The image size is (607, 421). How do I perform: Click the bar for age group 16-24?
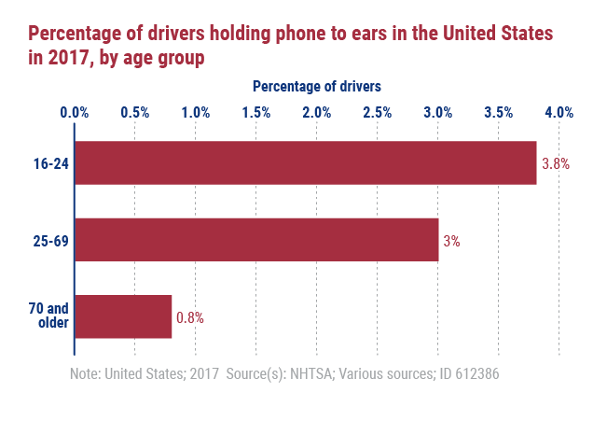[x=305, y=163]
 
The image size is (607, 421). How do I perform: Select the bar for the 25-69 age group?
[x=256, y=240]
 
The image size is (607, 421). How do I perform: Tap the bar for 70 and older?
[x=123, y=316]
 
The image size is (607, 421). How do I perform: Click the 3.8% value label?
[x=556, y=163]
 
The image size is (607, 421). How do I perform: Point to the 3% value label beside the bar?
[x=451, y=241]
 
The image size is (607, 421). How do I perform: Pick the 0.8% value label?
[x=190, y=317]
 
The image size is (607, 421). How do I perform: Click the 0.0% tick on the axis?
[x=75, y=113]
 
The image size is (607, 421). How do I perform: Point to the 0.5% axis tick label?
[x=135, y=113]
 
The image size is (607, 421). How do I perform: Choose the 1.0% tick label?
[x=196, y=113]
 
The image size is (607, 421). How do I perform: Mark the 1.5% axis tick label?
[x=256, y=113]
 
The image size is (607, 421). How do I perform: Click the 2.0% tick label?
[x=317, y=113]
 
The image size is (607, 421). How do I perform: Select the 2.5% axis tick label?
[x=378, y=113]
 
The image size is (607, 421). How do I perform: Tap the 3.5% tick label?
[x=499, y=113]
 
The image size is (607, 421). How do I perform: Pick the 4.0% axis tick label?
[x=559, y=113]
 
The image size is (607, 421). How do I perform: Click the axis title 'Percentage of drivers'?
[x=317, y=87]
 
